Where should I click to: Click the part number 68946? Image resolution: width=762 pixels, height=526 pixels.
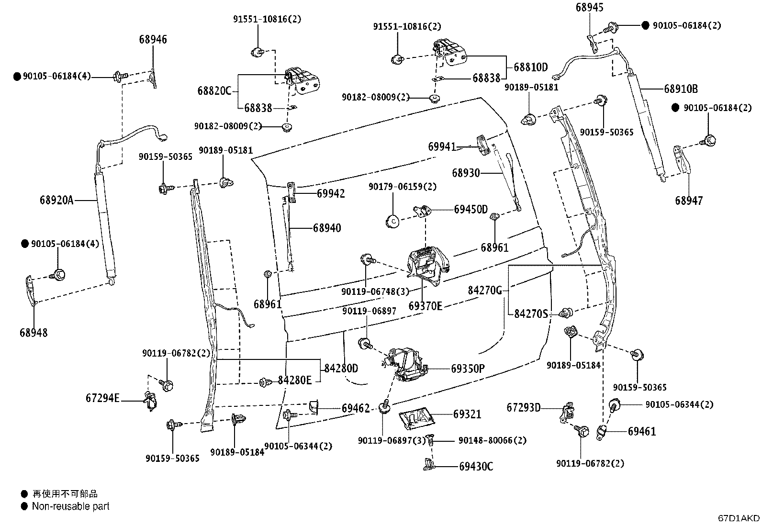pyautogui.click(x=153, y=39)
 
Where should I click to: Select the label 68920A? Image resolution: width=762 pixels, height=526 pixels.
pyautogui.click(x=56, y=200)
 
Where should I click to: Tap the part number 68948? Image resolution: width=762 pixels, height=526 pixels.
pyautogui.click(x=34, y=333)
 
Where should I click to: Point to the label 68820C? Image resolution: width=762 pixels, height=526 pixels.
pyautogui.click(x=214, y=91)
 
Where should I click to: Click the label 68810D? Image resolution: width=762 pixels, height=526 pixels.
pyautogui.click(x=531, y=67)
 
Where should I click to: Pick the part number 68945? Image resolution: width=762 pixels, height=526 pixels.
pyautogui.click(x=590, y=8)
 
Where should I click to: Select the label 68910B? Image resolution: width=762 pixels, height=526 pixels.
pyautogui.click(x=681, y=89)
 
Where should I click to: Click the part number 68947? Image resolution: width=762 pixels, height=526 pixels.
pyautogui.click(x=689, y=201)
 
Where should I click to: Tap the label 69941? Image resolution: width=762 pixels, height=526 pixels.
pyautogui.click(x=442, y=146)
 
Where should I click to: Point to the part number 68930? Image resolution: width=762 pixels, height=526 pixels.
pyautogui.click(x=466, y=173)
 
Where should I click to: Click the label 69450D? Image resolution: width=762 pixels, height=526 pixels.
pyautogui.click(x=471, y=209)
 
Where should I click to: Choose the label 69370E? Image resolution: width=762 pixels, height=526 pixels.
pyautogui.click(x=425, y=306)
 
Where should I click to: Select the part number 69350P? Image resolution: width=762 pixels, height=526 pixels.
pyautogui.click(x=468, y=369)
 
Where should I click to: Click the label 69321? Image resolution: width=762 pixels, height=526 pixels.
pyautogui.click(x=467, y=414)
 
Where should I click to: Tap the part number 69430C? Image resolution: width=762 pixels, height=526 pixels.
pyautogui.click(x=476, y=466)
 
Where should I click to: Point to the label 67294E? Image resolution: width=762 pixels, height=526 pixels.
pyautogui.click(x=102, y=398)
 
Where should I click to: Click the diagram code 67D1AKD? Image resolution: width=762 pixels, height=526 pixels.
pyautogui.click(x=739, y=518)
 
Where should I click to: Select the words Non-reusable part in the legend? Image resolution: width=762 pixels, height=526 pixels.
pyautogui.click(x=71, y=506)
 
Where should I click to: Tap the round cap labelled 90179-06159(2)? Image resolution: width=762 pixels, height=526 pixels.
pyautogui.click(x=393, y=222)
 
